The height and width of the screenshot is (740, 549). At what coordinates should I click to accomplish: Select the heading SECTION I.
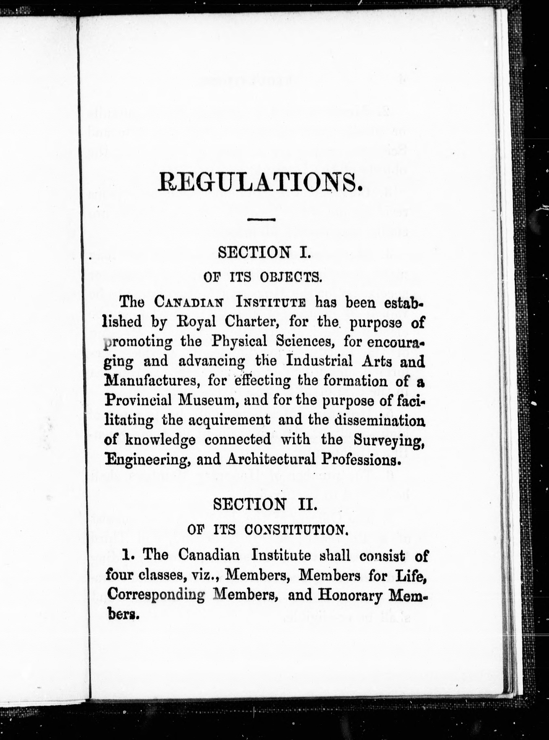coord(264,252)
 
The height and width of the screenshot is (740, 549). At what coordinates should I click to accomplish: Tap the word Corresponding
coord(156,594)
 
